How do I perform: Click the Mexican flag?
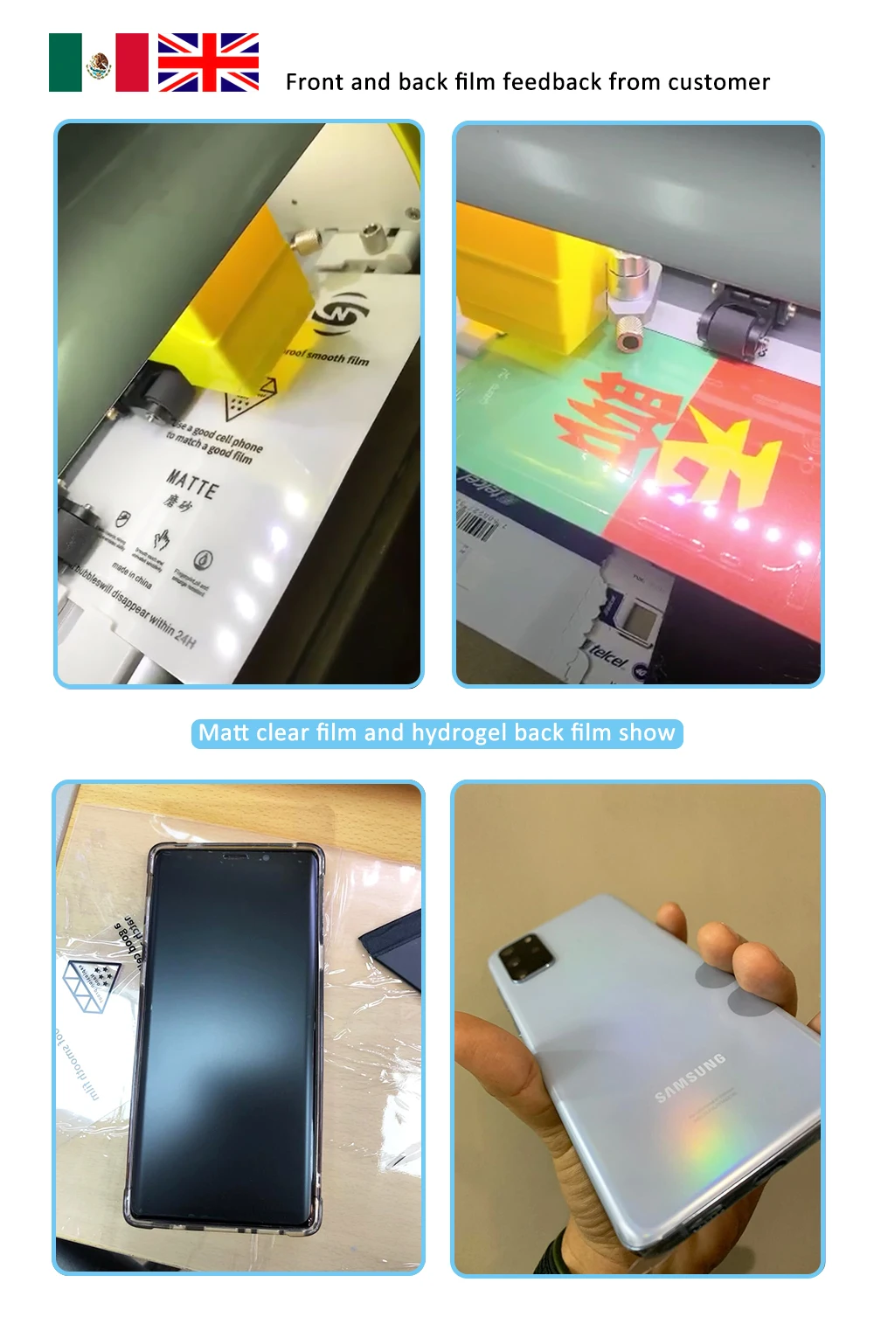pyautogui.click(x=99, y=63)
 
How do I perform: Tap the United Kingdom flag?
pyautogui.click(x=208, y=63)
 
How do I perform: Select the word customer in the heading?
pyautogui.click(x=718, y=82)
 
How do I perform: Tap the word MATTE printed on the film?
pyautogui.click(x=192, y=483)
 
